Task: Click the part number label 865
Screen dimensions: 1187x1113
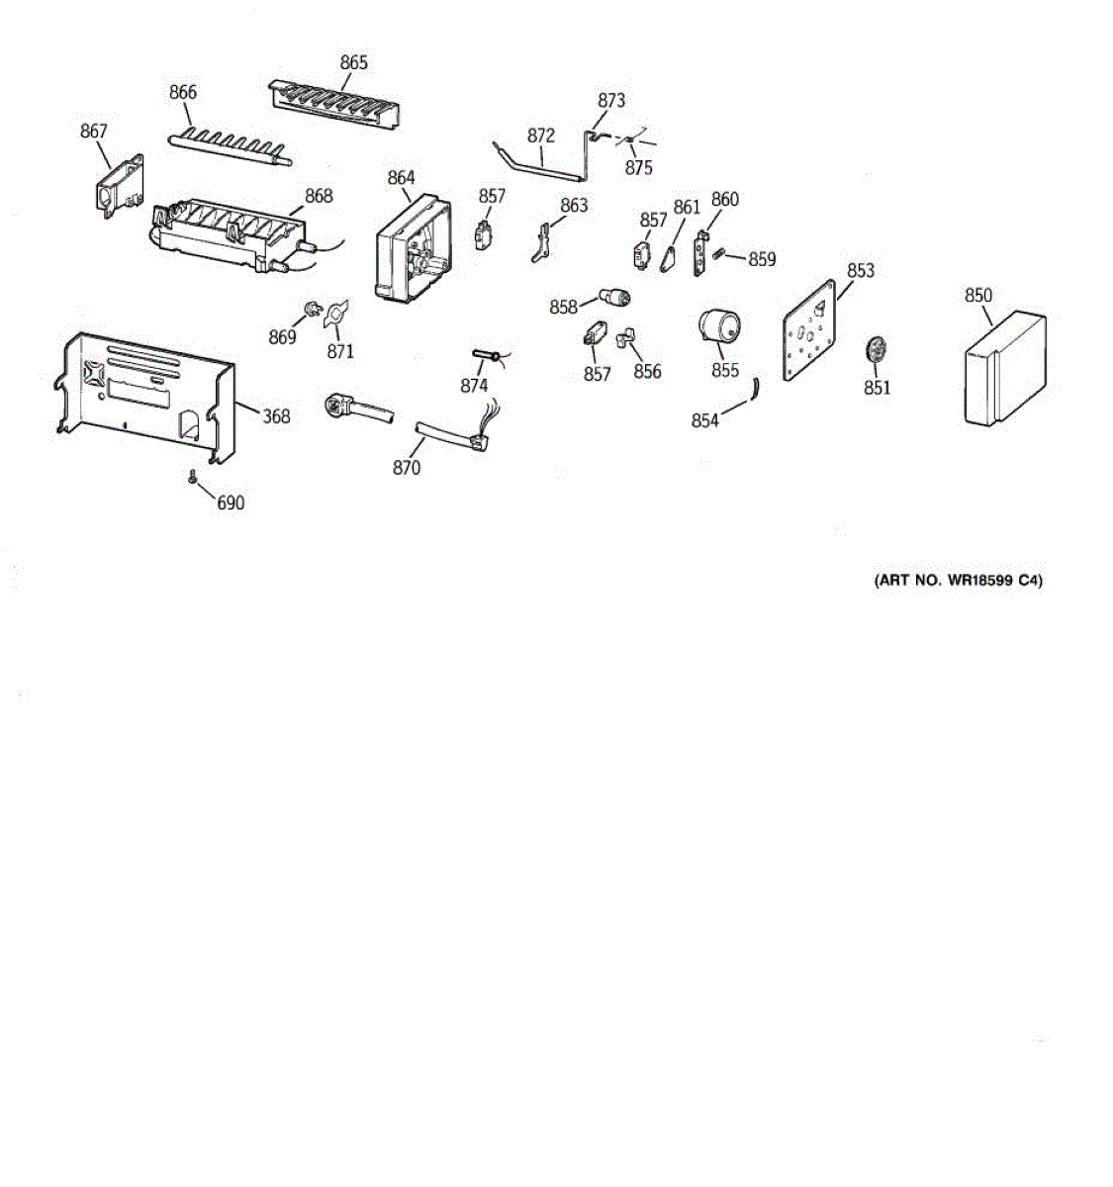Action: click(x=353, y=62)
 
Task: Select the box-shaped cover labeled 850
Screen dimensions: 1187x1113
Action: click(x=1002, y=371)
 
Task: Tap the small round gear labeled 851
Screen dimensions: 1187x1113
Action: click(x=875, y=350)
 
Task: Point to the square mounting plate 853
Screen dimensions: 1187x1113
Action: click(x=813, y=330)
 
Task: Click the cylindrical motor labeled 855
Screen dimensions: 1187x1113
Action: click(x=719, y=328)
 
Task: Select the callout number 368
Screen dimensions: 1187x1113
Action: click(x=276, y=416)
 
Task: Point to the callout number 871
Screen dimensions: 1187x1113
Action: click(x=340, y=351)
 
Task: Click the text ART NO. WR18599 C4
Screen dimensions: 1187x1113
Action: click(x=958, y=581)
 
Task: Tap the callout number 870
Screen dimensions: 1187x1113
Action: click(x=407, y=467)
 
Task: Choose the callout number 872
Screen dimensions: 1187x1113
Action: click(x=541, y=136)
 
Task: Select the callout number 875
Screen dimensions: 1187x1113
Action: click(x=638, y=168)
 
